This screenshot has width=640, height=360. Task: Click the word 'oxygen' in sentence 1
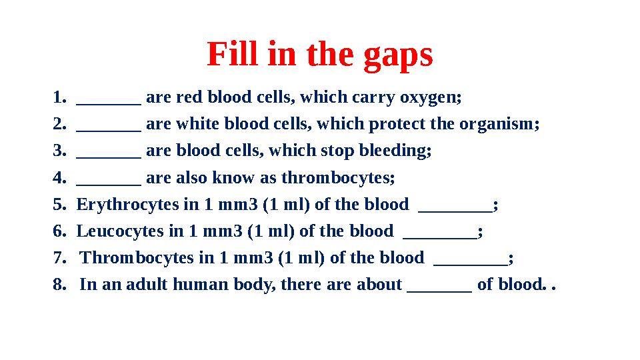(x=429, y=98)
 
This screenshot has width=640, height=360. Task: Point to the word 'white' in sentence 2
(x=199, y=125)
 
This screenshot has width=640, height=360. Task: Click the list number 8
(x=58, y=285)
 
